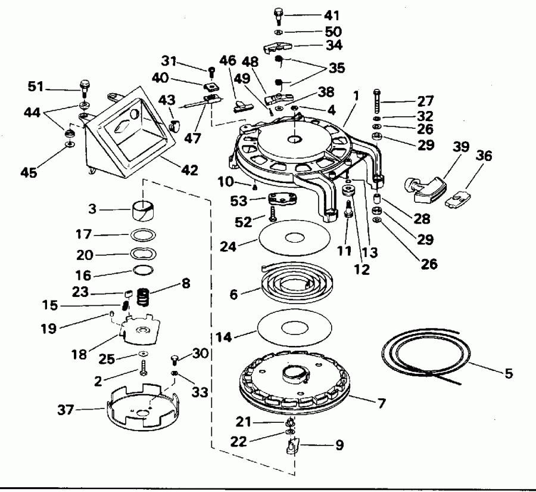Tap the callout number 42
click(190, 171)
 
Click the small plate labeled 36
click(460, 197)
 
